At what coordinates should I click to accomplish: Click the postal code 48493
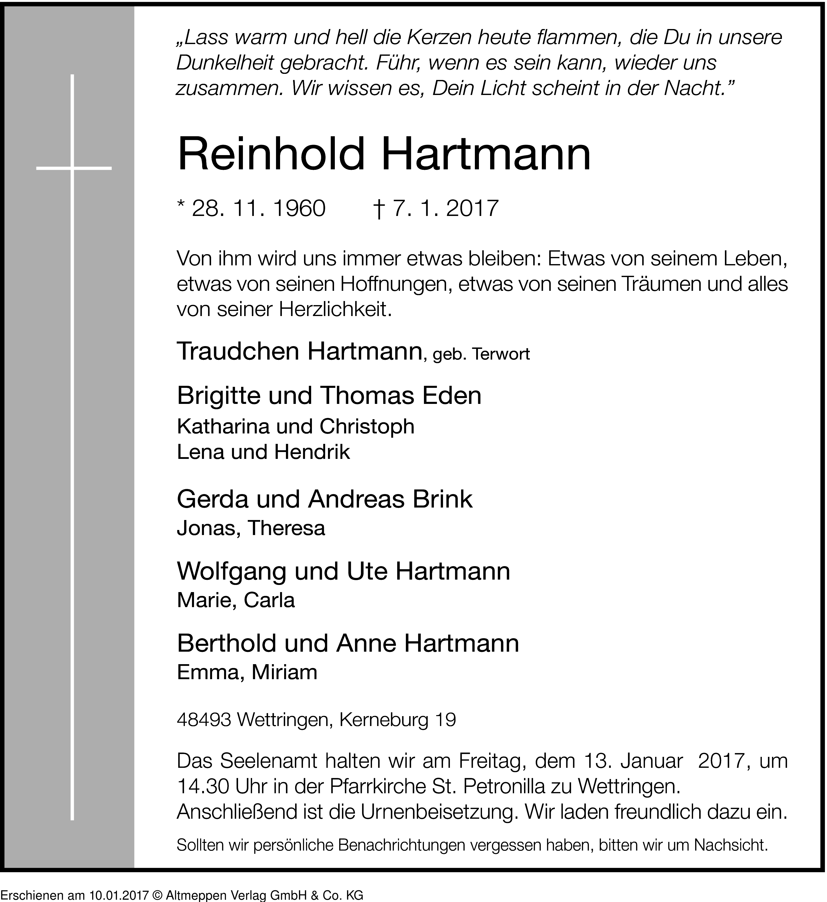point(204,720)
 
